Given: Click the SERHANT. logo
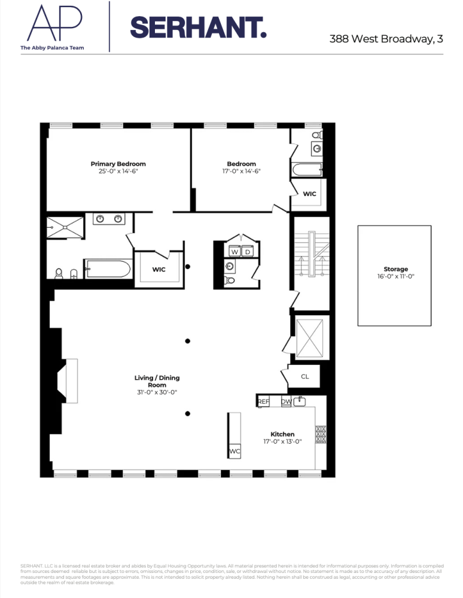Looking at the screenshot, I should tap(198, 28).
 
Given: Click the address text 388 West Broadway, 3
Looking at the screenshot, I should tap(386, 39).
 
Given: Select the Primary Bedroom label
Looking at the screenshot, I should tap(118, 164).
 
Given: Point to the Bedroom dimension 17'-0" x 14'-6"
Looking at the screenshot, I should tap(241, 171).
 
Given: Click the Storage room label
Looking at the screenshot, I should tap(395, 269).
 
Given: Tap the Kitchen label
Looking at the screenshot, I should tap(282, 434).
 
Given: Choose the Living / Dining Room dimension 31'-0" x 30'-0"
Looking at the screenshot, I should tap(157, 392).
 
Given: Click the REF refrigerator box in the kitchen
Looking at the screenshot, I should tap(263, 402).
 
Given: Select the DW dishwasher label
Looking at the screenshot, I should tap(286, 402).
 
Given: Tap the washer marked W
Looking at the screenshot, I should tap(235, 252).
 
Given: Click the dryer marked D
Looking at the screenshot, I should tap(248, 252).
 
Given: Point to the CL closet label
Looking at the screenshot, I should tap(304, 377).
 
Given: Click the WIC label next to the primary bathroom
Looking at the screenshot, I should tap(159, 270).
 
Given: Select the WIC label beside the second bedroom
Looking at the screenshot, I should tap(309, 194).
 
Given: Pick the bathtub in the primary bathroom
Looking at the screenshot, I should tap(108, 269).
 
